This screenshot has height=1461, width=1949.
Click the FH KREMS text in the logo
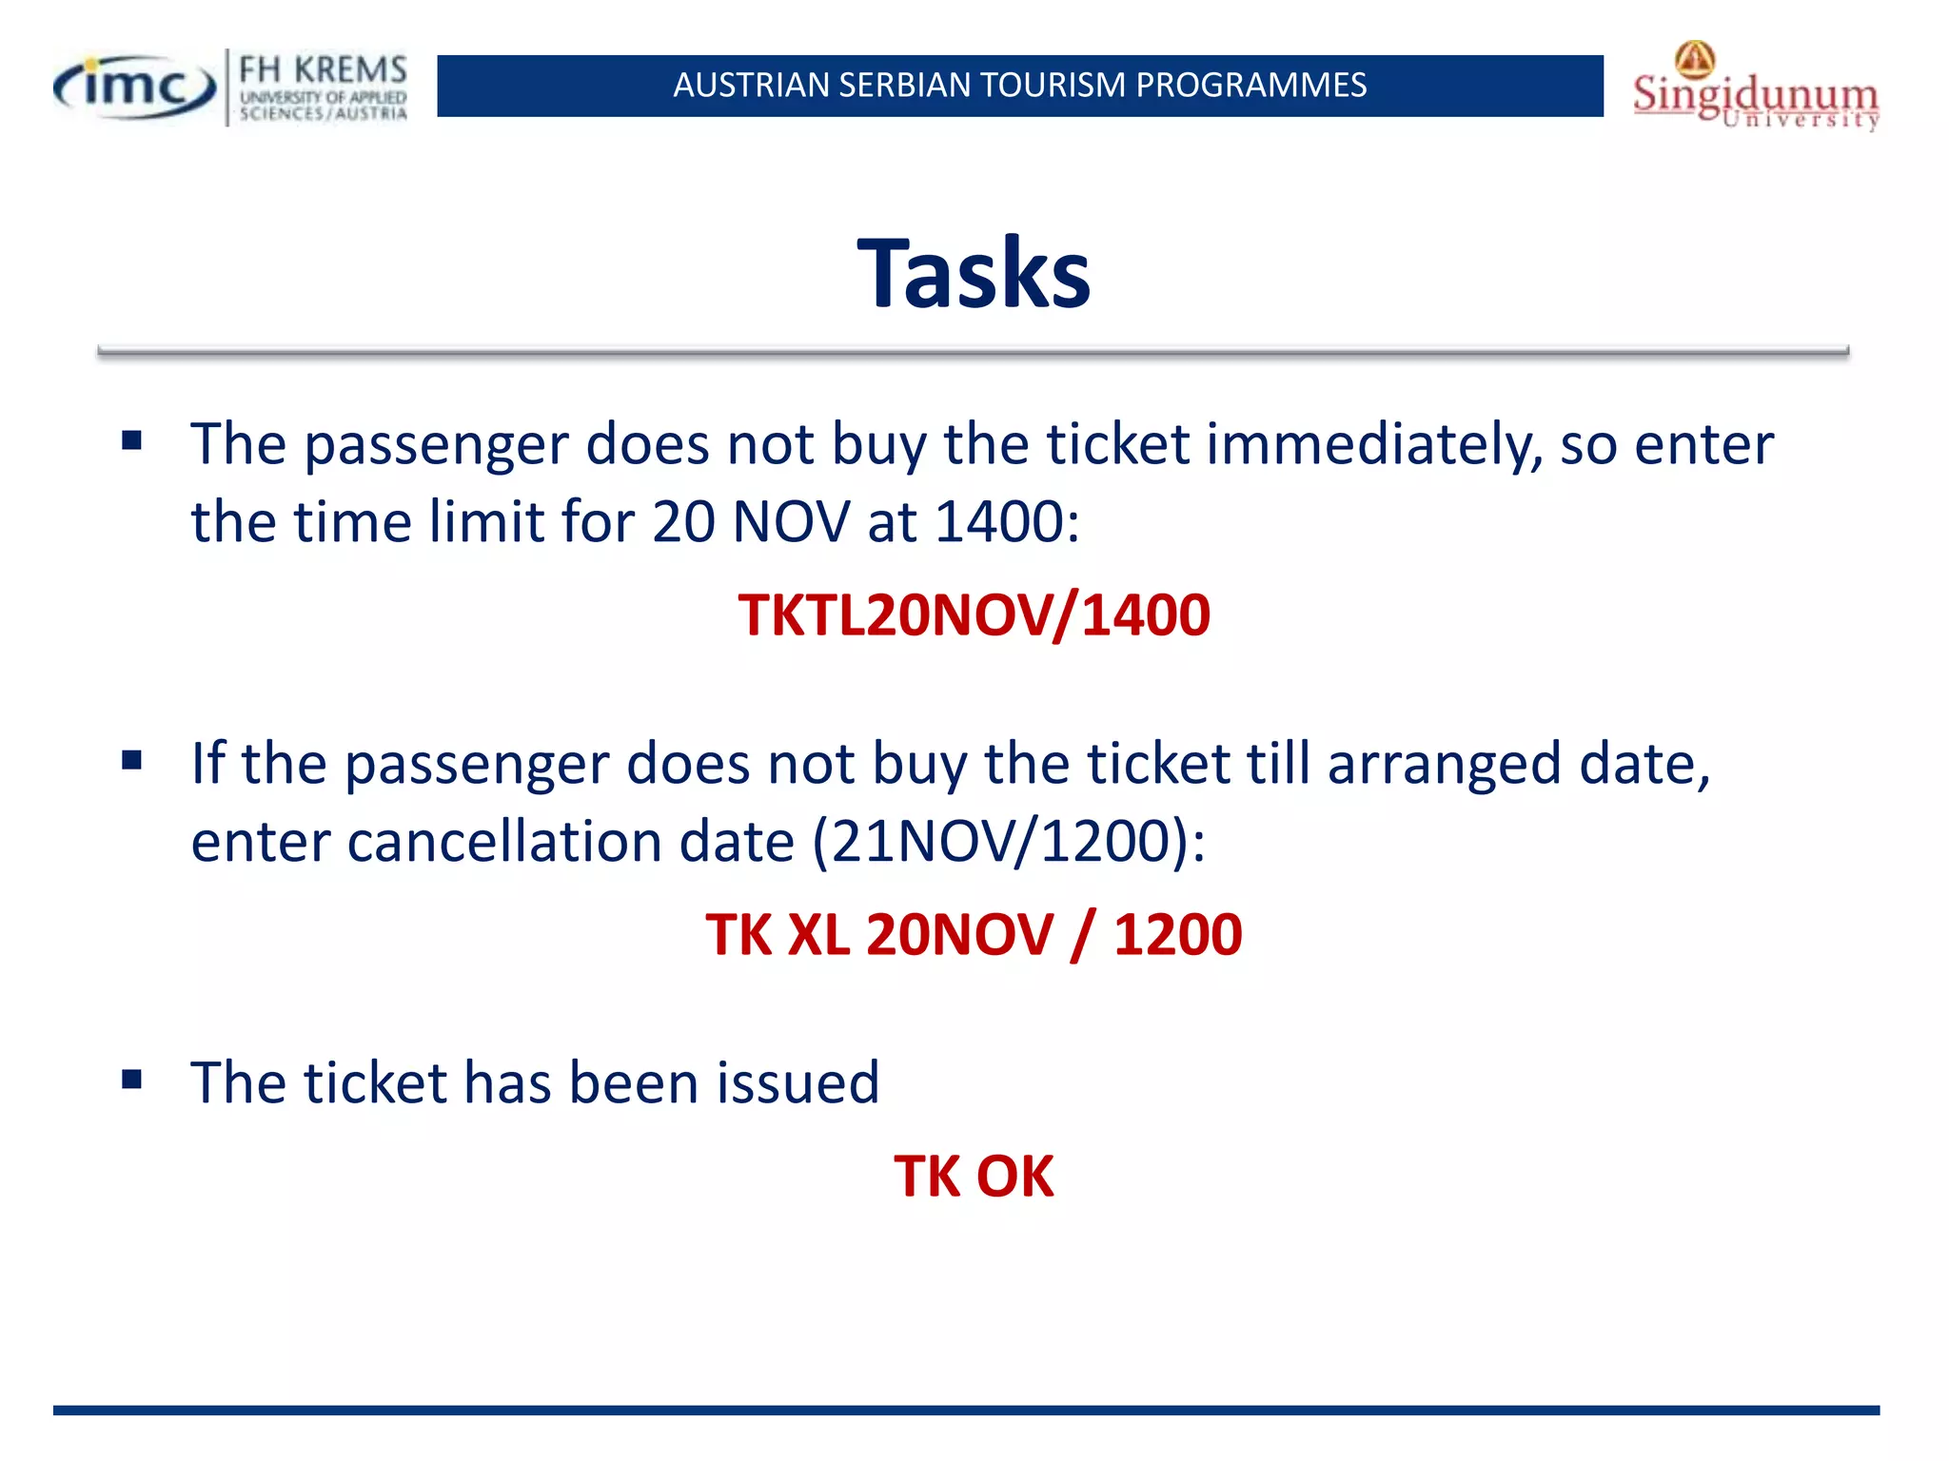pyautogui.click(x=323, y=70)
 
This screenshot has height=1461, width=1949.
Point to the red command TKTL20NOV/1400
pyautogui.click(x=974, y=615)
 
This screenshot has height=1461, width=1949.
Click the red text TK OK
pyautogui.click(x=974, y=1177)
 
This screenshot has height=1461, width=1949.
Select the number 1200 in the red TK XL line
pyautogui.click(x=1177, y=934)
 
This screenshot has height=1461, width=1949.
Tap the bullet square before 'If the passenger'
pyautogui.click(x=132, y=760)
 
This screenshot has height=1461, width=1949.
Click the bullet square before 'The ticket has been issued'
pyautogui.click(x=132, y=1079)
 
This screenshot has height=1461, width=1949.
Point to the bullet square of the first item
pyautogui.click(x=132, y=440)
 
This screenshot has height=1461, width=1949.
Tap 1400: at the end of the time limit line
pyautogui.click(x=1007, y=522)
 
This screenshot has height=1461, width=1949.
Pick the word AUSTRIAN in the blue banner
pyautogui.click(x=751, y=86)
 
